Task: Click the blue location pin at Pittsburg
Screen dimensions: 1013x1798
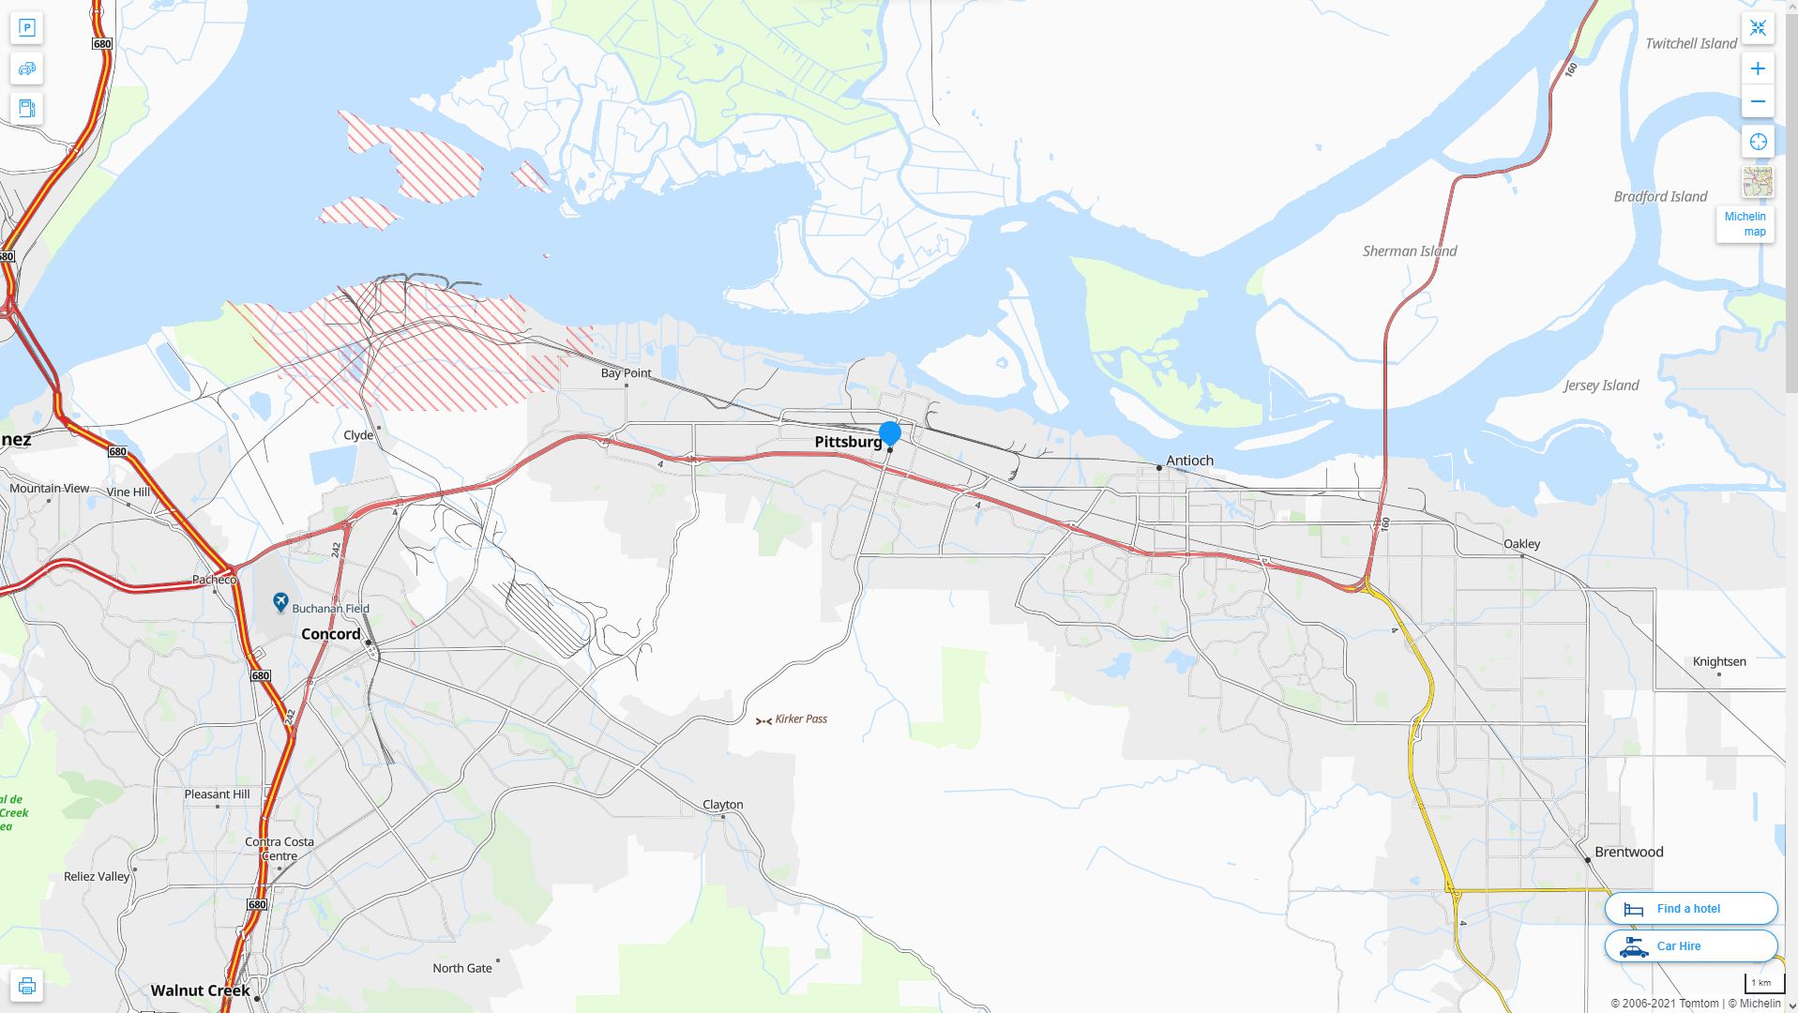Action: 889,433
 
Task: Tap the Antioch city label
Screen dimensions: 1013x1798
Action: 1189,461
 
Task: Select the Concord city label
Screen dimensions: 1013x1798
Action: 330,634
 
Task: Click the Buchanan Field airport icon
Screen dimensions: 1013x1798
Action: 280,602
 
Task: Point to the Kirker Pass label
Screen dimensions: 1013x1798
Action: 800,719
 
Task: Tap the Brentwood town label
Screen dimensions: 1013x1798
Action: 1628,853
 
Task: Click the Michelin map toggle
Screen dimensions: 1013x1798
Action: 1745,224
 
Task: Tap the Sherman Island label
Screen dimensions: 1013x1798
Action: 1409,251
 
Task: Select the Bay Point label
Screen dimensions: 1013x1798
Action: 626,373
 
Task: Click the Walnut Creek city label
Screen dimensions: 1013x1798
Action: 200,990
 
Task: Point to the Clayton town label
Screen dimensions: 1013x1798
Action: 722,805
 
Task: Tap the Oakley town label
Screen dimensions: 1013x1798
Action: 1521,544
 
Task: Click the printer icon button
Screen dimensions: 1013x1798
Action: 26,986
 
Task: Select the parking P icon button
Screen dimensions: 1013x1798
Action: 26,28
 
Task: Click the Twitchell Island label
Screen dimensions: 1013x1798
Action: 1690,44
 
